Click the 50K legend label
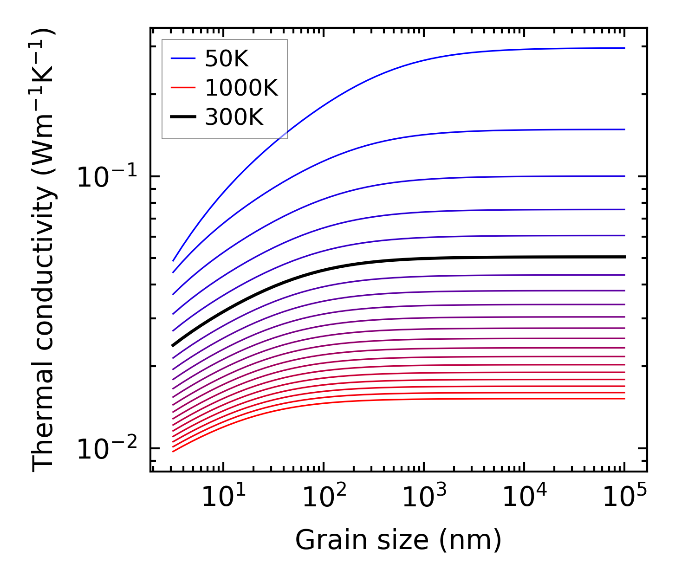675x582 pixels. tap(227, 59)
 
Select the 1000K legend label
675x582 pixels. tap(241, 88)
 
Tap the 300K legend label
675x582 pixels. tap(234, 117)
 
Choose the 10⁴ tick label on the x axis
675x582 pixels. tap(524, 498)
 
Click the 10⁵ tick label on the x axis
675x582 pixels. tap(624, 498)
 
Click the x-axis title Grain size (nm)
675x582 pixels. tap(398, 540)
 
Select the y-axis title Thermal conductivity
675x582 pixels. tap(44, 251)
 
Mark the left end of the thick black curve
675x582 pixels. tap(173, 345)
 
